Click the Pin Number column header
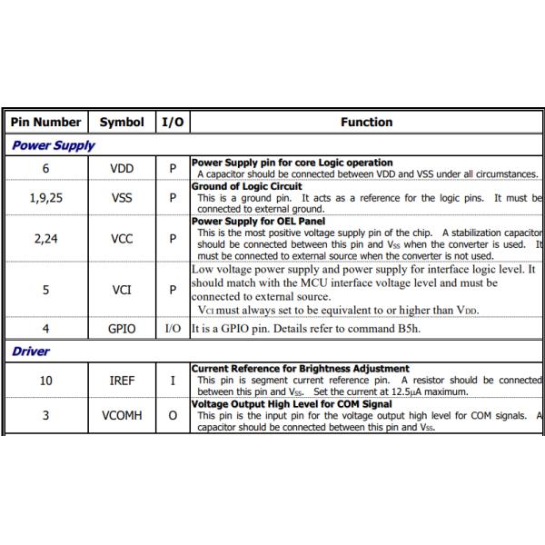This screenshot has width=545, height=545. (x=45, y=122)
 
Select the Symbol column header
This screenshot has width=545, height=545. (x=122, y=122)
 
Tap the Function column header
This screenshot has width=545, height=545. (x=367, y=122)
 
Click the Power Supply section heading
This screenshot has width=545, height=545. (x=53, y=145)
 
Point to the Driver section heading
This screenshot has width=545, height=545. (x=31, y=352)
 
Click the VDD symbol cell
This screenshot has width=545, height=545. (x=122, y=168)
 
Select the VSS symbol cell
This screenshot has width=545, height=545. (x=122, y=197)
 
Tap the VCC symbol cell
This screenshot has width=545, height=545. (x=122, y=239)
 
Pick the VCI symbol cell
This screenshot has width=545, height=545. (x=122, y=290)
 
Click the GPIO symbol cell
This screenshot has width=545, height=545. (x=122, y=329)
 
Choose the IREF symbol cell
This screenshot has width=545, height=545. (x=122, y=380)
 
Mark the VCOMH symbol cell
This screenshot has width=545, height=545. (x=122, y=415)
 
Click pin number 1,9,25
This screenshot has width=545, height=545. (x=45, y=197)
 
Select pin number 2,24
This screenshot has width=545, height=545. (x=45, y=239)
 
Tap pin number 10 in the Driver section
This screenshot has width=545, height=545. (x=45, y=380)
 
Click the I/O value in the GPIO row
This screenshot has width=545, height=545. (x=173, y=329)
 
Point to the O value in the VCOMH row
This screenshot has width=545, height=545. (x=173, y=415)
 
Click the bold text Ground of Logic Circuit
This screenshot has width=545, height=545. (x=246, y=186)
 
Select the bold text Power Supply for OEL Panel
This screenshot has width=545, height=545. (x=258, y=221)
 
